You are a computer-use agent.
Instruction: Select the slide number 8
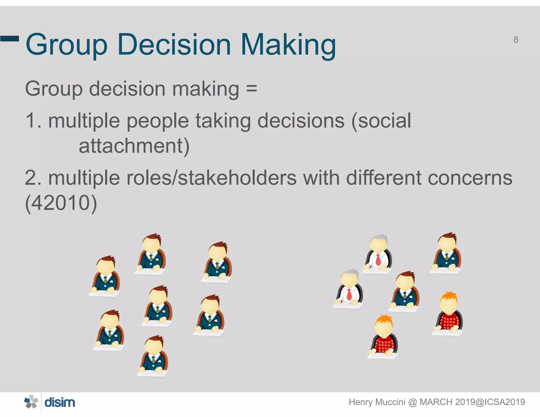[516, 40]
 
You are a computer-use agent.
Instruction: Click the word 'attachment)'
[134, 146]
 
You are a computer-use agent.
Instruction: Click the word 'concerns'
[470, 178]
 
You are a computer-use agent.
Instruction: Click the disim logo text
[60, 403]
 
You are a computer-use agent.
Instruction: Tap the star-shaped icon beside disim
[31, 402]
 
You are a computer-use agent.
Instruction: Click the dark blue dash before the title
[9, 39]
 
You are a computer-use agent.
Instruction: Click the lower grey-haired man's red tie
[349, 294]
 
